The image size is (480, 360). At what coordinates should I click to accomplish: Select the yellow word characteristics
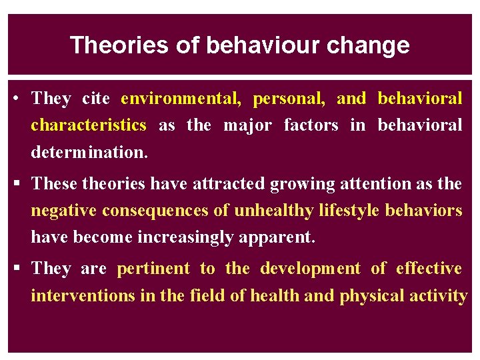(x=88, y=125)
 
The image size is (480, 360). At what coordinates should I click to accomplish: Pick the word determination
(x=89, y=152)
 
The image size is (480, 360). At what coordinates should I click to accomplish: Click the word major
(x=247, y=125)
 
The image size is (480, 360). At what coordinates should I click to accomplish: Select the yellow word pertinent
(x=153, y=269)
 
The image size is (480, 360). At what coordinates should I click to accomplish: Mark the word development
(x=310, y=269)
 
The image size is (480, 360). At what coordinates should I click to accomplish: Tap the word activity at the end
(x=443, y=295)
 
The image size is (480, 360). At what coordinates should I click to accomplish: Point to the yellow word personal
(x=289, y=99)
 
